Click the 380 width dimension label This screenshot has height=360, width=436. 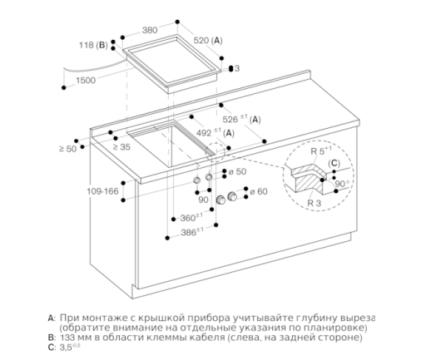[150, 30]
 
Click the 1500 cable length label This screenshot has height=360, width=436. [86, 81]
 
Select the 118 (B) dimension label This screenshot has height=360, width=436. [93, 45]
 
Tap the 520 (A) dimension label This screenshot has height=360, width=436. [208, 41]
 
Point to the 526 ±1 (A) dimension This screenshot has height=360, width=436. [241, 119]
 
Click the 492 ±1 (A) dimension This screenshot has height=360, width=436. [216, 133]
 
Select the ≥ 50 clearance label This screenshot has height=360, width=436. [68, 149]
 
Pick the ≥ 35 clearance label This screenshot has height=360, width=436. [121, 147]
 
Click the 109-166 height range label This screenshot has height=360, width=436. [102, 191]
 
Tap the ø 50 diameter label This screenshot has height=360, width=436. [237, 171]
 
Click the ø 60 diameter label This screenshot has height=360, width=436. [259, 191]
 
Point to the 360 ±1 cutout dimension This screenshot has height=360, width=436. [191, 218]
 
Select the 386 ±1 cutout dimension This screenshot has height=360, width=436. [192, 232]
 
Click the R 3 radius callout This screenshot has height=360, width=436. [314, 203]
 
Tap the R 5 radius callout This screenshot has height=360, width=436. [321, 150]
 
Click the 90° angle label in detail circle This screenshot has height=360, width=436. [342, 184]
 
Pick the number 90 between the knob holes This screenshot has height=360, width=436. [203, 200]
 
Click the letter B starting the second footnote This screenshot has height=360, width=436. [52, 338]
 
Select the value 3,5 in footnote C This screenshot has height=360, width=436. [66, 348]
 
